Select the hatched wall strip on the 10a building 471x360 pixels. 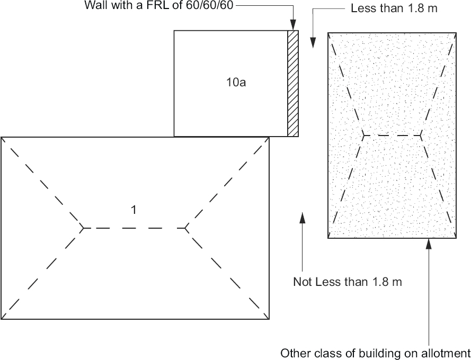[292, 83]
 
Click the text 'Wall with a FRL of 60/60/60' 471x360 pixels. [159, 6]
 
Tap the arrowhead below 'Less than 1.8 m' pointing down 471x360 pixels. [313, 44]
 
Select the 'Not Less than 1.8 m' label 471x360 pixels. [348, 282]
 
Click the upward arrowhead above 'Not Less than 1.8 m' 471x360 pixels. [302, 217]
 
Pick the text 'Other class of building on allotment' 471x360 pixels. [375, 353]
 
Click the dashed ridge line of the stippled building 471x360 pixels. [392, 136]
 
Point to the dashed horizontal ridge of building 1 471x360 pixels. [134, 228]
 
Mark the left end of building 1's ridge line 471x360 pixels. [83, 228]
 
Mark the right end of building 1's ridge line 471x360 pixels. [186, 228]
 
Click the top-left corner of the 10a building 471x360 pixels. [174, 31]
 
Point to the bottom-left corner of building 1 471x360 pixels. [2, 319]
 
